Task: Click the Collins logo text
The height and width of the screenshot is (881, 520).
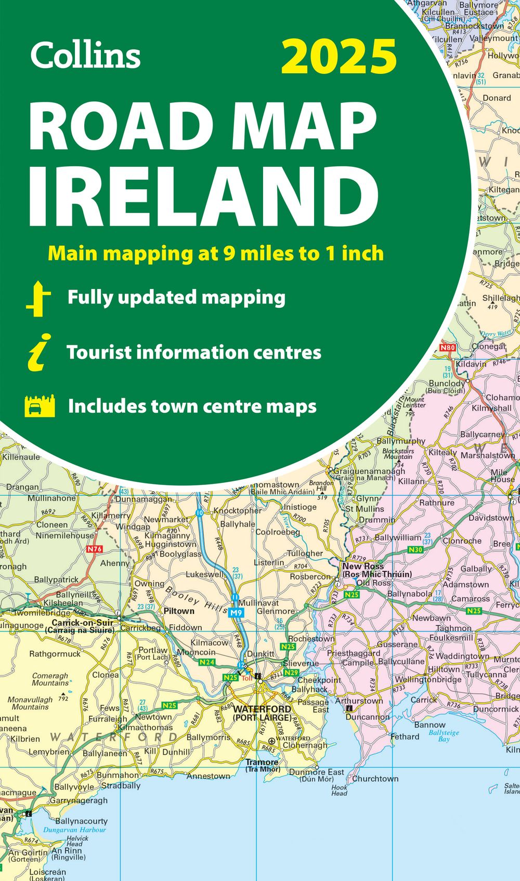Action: (85, 55)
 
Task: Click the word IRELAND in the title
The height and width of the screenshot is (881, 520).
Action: (203, 197)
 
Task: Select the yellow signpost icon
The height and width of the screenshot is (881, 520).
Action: (38, 299)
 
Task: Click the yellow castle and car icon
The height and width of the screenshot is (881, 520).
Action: (40, 406)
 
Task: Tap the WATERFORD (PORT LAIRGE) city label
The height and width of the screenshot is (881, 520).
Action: (262, 713)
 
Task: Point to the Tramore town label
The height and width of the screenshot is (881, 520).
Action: (262, 762)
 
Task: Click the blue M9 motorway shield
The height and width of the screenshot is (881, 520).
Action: (236, 613)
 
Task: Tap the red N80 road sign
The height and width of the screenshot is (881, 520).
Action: (447, 348)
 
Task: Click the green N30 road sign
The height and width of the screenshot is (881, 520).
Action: (415, 550)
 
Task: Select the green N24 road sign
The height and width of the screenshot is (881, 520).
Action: (207, 662)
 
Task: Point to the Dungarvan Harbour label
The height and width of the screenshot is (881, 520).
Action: (74, 830)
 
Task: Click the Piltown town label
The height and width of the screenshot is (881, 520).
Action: (179, 611)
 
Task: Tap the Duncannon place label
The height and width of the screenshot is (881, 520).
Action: (368, 717)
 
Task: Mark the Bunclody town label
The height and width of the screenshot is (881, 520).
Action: (447, 384)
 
